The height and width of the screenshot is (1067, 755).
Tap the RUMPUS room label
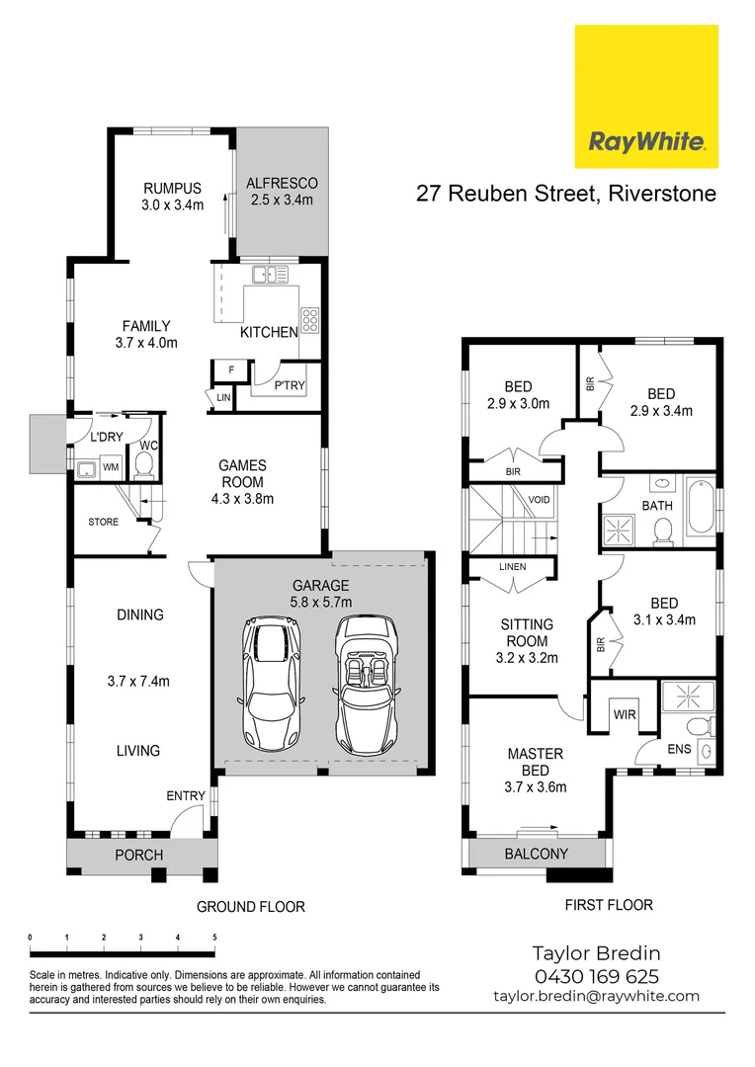[x=172, y=197]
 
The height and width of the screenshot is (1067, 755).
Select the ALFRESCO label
[x=281, y=191]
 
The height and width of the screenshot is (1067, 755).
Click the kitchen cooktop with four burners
[x=309, y=320]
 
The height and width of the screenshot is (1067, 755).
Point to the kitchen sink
[x=269, y=275]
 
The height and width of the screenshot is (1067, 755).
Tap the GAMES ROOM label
[x=242, y=481]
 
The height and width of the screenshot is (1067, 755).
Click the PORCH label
[x=139, y=855]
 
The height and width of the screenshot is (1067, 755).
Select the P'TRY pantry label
[x=289, y=385]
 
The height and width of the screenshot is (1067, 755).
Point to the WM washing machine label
[x=111, y=466]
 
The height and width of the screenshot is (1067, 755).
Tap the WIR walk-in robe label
[x=623, y=713]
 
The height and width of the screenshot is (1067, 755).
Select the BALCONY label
[x=537, y=854]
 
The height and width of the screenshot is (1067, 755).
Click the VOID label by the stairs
[x=539, y=500]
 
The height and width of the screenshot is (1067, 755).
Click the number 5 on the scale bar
[x=214, y=937]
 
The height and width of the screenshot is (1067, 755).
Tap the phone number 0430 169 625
[x=596, y=976]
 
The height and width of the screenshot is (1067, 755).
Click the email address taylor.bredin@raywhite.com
[x=596, y=997]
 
